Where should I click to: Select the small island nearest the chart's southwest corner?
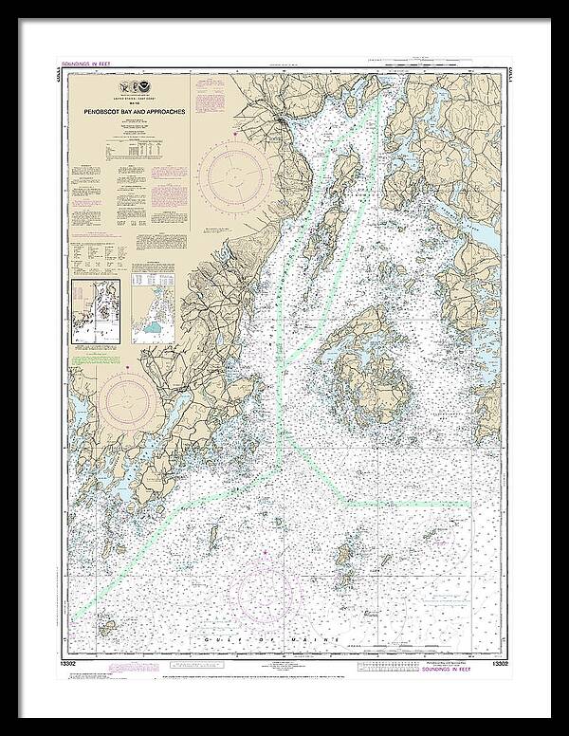click(x=106, y=626)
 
